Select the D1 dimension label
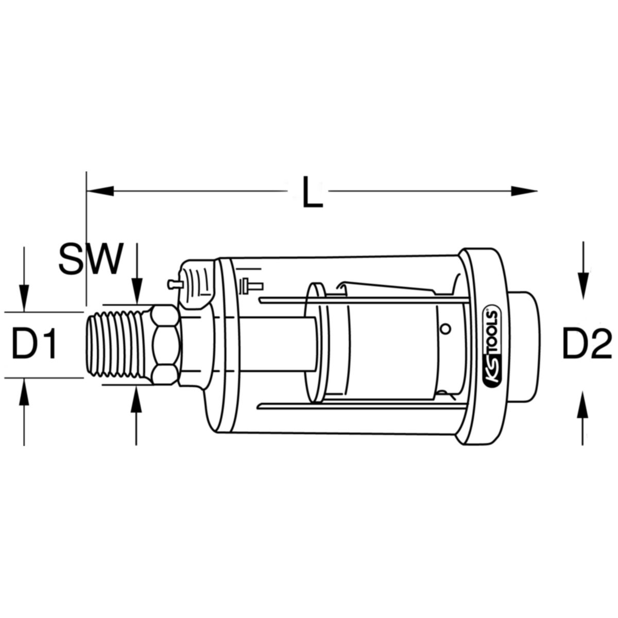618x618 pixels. [34, 345]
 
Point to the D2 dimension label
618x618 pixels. [586, 345]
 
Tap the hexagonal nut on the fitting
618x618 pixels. [163, 344]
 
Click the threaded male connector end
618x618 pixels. [117, 344]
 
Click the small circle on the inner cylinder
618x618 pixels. [447, 329]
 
